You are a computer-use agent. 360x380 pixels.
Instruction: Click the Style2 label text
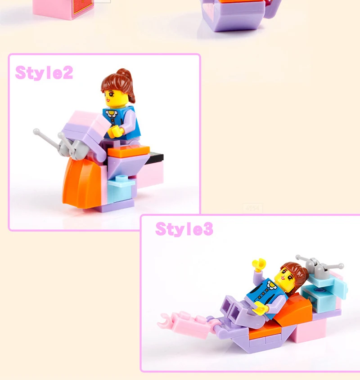pyautogui.click(x=44, y=72)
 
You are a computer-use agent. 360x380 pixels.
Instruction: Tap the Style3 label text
pyautogui.click(x=184, y=229)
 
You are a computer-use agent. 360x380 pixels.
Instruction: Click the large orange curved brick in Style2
pyautogui.click(x=81, y=183)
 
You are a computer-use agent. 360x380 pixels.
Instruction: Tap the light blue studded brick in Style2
pyautogui.click(x=121, y=188)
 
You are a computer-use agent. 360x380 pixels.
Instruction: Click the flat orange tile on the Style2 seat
pyautogui.click(x=129, y=151)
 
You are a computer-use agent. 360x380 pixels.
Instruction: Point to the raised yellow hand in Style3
pyautogui.click(x=259, y=264)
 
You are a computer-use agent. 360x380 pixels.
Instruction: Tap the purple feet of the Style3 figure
pyautogui.click(x=230, y=307)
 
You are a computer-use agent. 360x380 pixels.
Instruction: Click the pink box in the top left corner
pyautogui.click(x=63, y=9)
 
